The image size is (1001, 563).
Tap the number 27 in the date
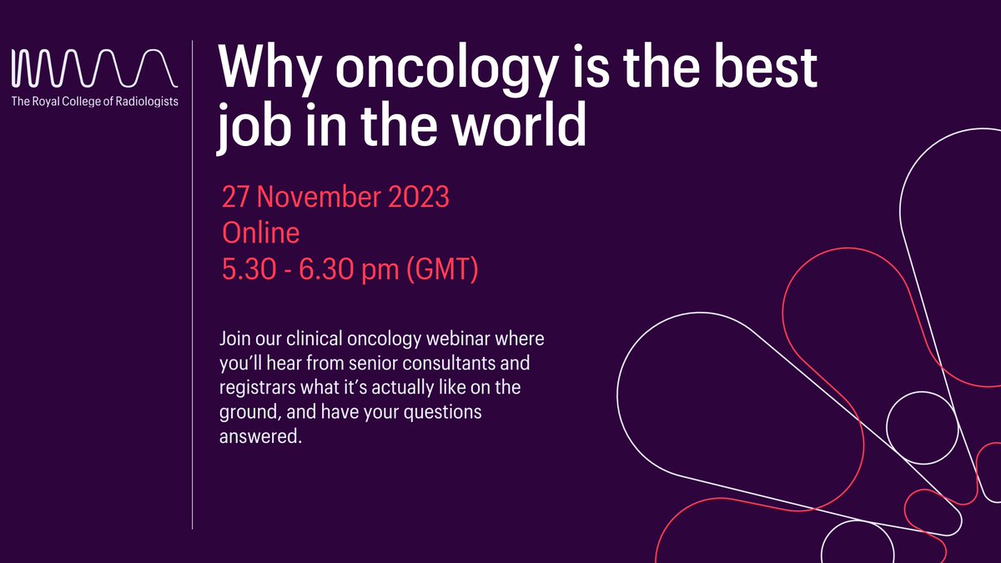click(x=237, y=198)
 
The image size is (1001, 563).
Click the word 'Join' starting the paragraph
click(x=235, y=341)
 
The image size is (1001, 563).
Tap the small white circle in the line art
click(x=921, y=427)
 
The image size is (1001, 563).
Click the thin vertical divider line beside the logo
click(x=193, y=284)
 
